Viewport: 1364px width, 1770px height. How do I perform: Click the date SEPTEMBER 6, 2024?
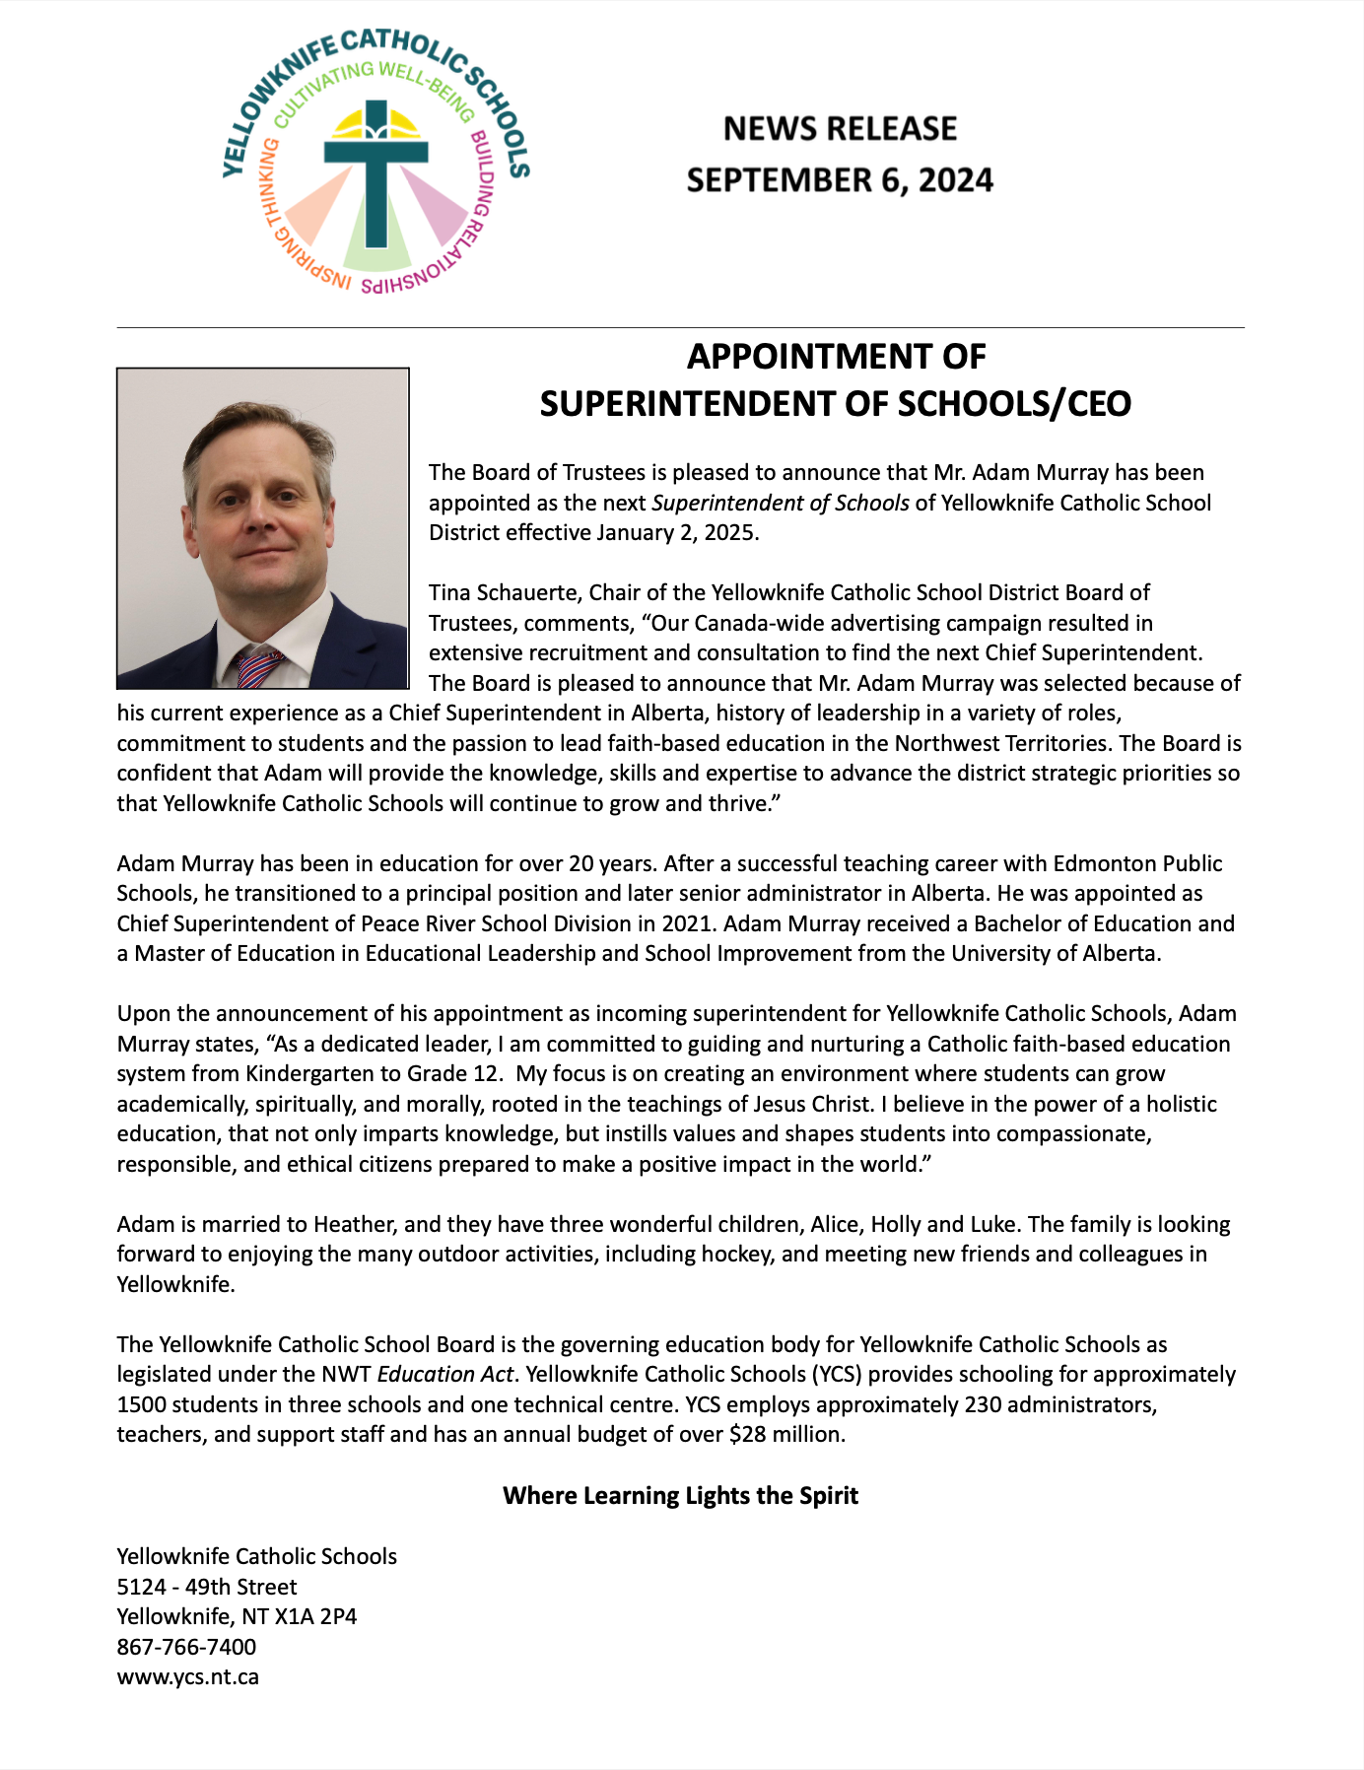pos(840,180)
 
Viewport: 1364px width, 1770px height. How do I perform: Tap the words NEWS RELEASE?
pos(840,129)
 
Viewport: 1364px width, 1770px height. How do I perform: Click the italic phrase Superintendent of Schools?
pos(781,504)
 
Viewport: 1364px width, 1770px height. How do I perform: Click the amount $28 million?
pos(785,1435)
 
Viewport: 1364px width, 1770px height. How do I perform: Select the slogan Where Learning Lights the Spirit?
pos(680,1496)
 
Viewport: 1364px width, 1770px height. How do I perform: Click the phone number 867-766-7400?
pos(186,1647)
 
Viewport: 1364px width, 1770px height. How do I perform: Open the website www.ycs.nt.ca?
pos(187,1677)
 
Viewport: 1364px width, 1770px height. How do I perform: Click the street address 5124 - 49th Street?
pos(207,1587)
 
